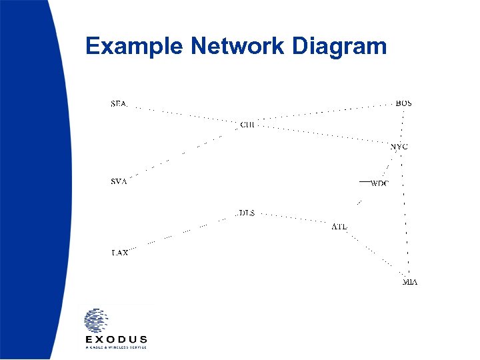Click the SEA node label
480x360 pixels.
[118, 104]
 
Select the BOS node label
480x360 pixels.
[403, 103]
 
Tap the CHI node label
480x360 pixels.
[247, 125]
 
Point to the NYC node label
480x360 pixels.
[399, 146]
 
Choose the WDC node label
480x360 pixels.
[379, 183]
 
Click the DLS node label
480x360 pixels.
[247, 213]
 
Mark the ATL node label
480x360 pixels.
[339, 227]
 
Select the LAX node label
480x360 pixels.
[119, 253]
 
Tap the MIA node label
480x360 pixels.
[410, 283]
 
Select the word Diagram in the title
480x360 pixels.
[339, 47]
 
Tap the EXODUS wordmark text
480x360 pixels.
[116, 339]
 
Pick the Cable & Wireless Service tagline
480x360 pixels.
[116, 347]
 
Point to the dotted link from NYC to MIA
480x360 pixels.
[405, 213]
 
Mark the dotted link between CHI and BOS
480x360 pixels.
[327, 112]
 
